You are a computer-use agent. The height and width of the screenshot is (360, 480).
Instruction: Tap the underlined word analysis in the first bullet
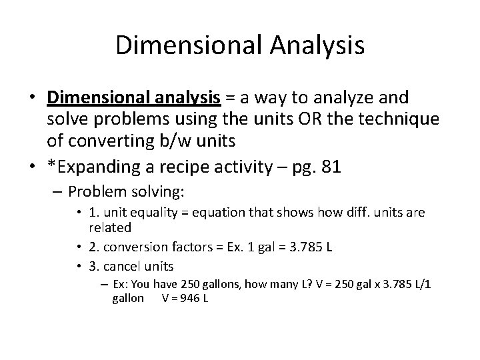click(x=189, y=99)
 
